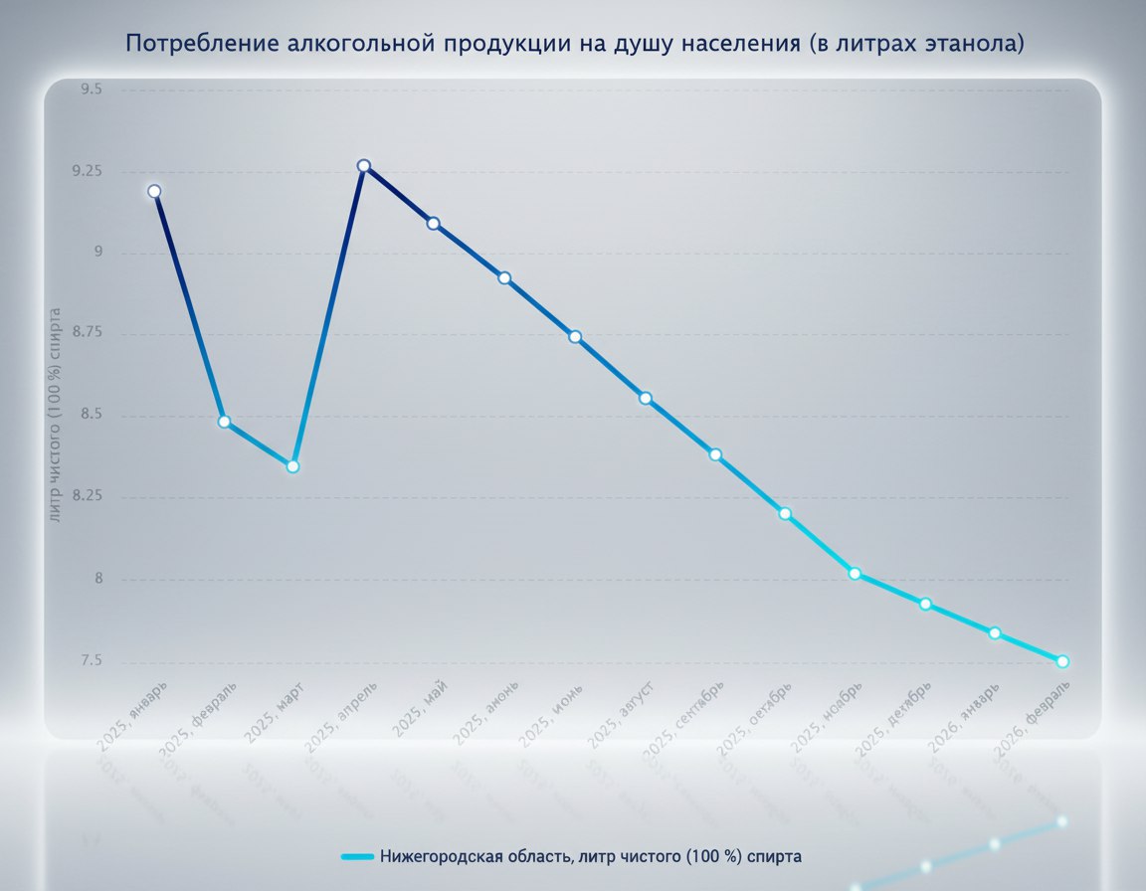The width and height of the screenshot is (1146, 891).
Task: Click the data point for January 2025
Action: tap(154, 191)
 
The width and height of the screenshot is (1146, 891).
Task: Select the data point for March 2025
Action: tap(292, 465)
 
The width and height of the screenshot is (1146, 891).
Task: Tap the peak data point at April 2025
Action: tap(364, 166)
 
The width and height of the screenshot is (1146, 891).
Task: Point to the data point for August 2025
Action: tap(645, 398)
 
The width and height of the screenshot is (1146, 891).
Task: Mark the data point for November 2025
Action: tap(855, 574)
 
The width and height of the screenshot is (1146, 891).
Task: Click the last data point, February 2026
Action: tap(1062, 661)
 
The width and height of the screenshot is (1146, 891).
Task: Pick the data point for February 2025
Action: tap(224, 422)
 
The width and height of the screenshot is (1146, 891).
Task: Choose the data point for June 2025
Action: tap(504, 277)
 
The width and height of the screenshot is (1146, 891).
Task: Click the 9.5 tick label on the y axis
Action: tap(92, 89)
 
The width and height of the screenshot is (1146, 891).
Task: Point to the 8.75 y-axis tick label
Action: tap(88, 334)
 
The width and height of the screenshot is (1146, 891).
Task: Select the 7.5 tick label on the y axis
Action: tap(92, 661)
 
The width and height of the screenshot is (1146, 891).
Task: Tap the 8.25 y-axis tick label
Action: tap(88, 497)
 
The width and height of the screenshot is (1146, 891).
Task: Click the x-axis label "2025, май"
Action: tap(420, 707)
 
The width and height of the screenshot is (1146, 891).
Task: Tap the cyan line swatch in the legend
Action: tap(356, 856)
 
